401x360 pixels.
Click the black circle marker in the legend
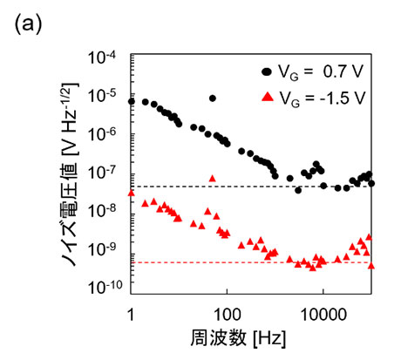point(265,71)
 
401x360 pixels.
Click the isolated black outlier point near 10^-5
point(212,98)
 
